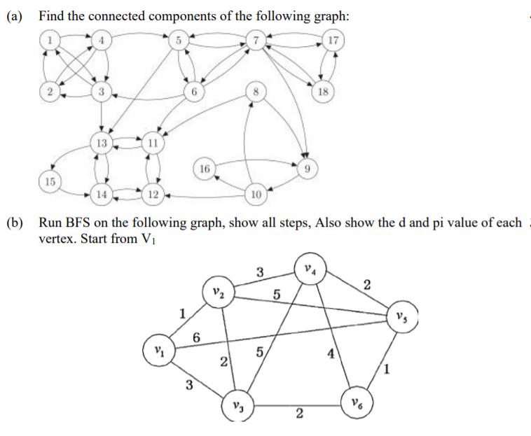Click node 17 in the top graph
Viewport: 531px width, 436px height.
click(333, 40)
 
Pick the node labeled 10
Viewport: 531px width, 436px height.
click(256, 193)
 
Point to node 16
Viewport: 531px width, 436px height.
click(204, 169)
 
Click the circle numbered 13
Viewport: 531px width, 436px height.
click(102, 143)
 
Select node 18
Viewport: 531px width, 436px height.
click(323, 91)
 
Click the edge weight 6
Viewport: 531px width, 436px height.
click(197, 337)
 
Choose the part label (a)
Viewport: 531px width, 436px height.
click(16, 16)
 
